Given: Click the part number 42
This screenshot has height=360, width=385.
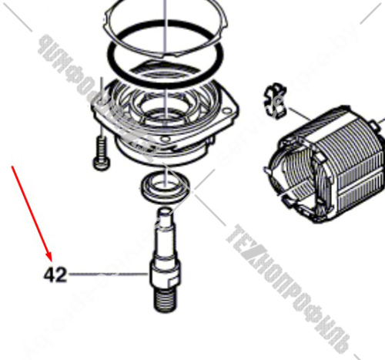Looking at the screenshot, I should pyautogui.click(x=55, y=274).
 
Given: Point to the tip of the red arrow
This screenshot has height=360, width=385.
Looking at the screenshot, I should pyautogui.click(x=51, y=260).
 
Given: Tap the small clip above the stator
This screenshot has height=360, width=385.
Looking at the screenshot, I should pyautogui.click(x=271, y=97).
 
